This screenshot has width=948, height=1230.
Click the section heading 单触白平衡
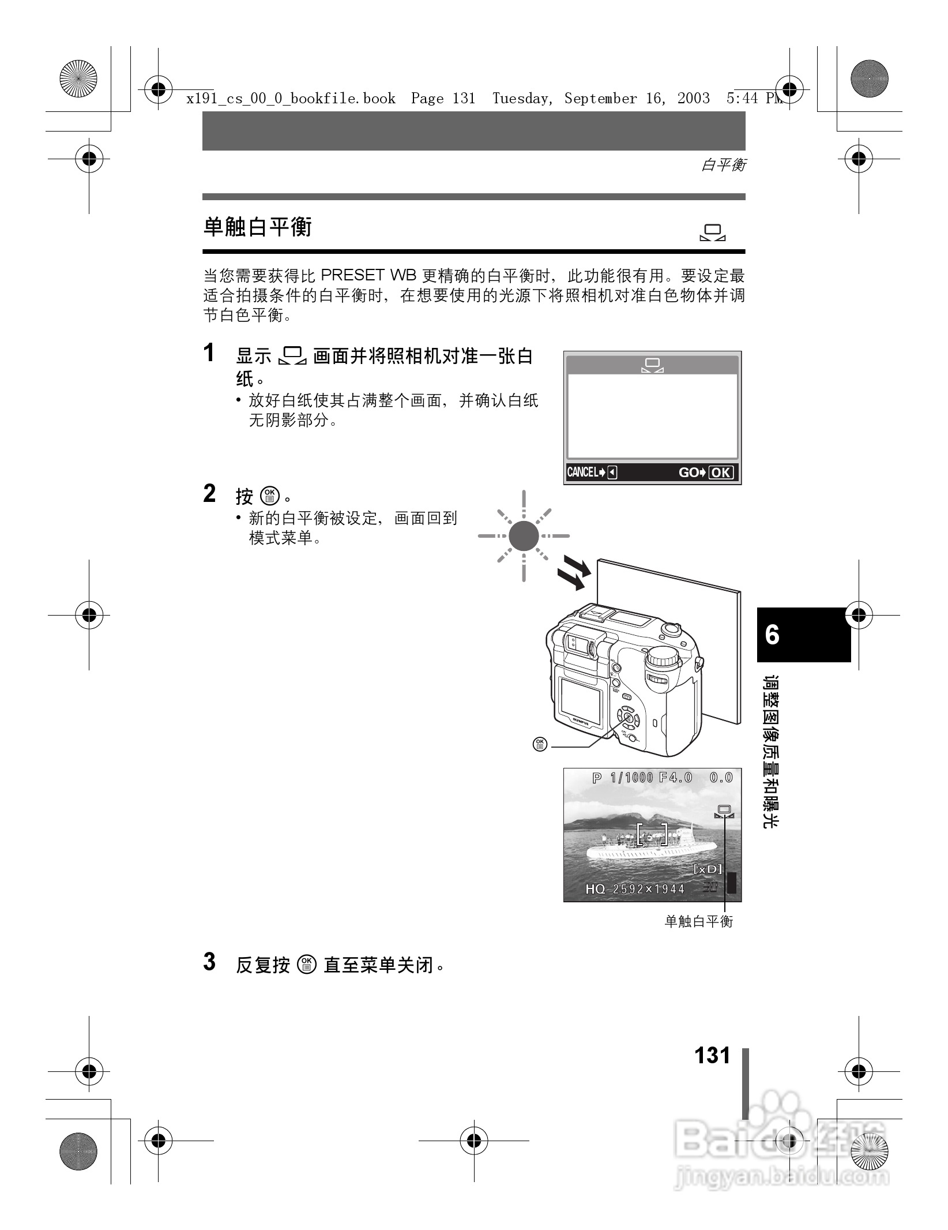point(257,227)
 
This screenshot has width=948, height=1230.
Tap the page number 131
point(712,1055)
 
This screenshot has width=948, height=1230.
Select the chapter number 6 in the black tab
point(772,635)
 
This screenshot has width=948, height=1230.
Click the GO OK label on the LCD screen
point(706,472)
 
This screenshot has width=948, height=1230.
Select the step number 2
point(210,494)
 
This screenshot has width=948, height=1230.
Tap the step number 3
point(210,962)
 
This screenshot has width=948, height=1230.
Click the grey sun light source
point(524,536)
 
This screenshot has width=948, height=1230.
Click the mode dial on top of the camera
point(663,658)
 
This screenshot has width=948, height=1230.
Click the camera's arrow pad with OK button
point(628,718)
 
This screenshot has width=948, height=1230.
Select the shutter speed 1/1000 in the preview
point(631,778)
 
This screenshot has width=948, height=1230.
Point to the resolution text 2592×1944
point(648,889)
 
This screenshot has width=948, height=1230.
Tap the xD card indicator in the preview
point(708,869)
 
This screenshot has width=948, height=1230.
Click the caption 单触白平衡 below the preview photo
point(698,921)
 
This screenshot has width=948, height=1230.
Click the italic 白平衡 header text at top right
point(723,166)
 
